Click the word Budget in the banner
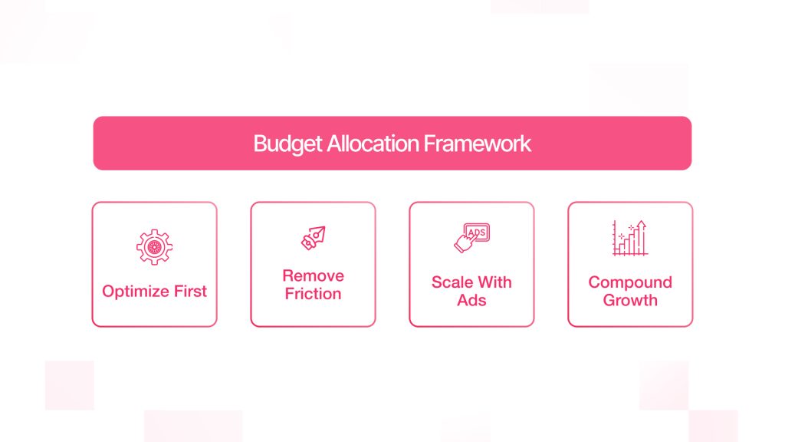tap(279, 143)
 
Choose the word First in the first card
tap(190, 292)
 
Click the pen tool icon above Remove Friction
tap(313, 238)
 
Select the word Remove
tap(313, 275)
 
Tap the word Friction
tap(313, 294)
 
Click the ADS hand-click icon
tap(471, 239)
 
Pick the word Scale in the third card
tap(452, 282)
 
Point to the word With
tap(494, 282)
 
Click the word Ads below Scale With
tap(471, 300)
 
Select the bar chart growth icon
tap(629, 239)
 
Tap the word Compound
tap(630, 282)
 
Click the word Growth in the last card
tap(630, 300)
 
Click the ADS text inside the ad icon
tap(477, 232)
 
